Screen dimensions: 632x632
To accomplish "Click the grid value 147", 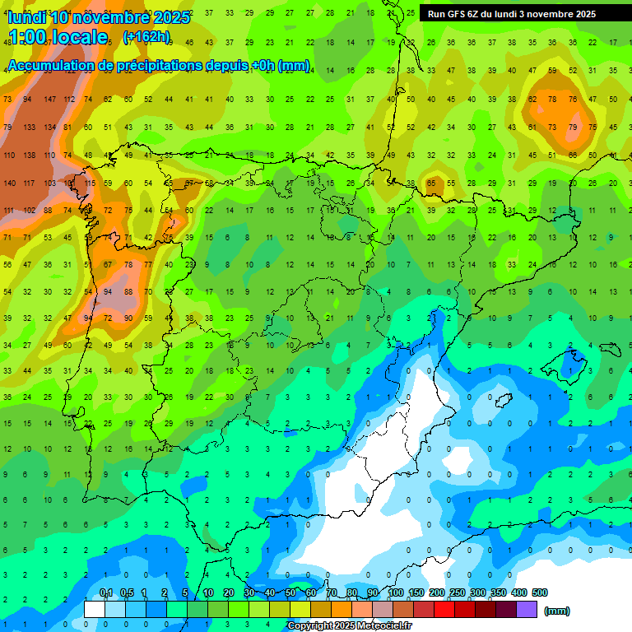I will (49, 99).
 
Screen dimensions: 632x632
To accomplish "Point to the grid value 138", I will (29, 155).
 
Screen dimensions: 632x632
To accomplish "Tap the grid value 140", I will (9, 183).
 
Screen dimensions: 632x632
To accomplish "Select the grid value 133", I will (29, 127).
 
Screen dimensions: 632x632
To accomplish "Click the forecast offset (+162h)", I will (146, 36).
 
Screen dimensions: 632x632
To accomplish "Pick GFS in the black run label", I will (457, 14).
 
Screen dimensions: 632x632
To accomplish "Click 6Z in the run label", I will (477, 14).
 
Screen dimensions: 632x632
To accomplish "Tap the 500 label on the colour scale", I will (539, 592).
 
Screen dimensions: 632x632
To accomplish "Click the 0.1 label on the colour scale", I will (106, 592).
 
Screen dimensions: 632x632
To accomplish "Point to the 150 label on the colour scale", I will (416, 592).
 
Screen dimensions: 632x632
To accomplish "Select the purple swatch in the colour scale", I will (527, 609).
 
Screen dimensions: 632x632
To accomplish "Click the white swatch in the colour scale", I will (95, 609).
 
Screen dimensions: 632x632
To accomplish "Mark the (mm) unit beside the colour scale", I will (557, 611).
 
